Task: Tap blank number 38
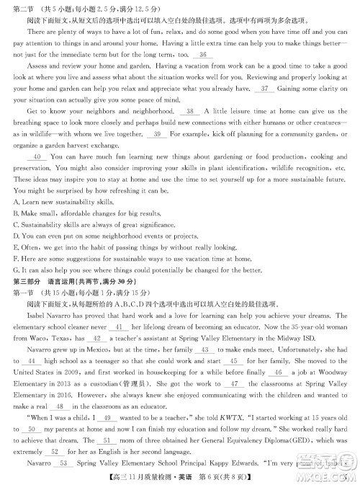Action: tap(190, 111)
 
